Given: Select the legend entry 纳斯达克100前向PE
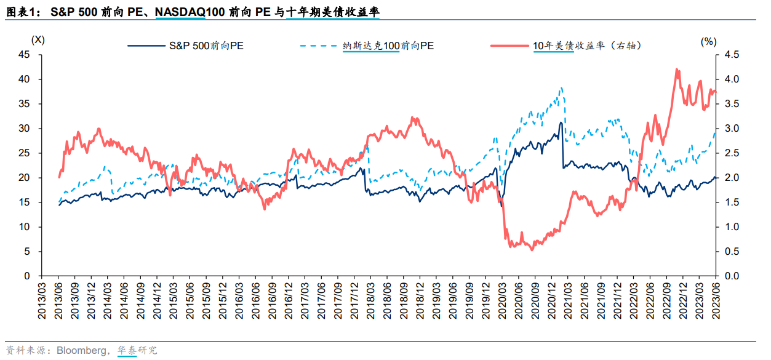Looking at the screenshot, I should click(388, 46).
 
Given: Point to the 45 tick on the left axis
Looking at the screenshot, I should click(25, 55).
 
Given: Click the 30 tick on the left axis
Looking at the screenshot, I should click(25, 129).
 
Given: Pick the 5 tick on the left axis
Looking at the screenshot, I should click(27, 252).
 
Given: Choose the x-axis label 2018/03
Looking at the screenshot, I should click(371, 300).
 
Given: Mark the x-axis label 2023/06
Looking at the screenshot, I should click(715, 300).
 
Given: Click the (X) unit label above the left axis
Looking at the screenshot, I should click(38, 40).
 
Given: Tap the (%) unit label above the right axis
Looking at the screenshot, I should click(708, 41).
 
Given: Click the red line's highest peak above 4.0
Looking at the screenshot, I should click(677, 70).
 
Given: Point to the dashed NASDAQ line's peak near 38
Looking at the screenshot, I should click(561, 88).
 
